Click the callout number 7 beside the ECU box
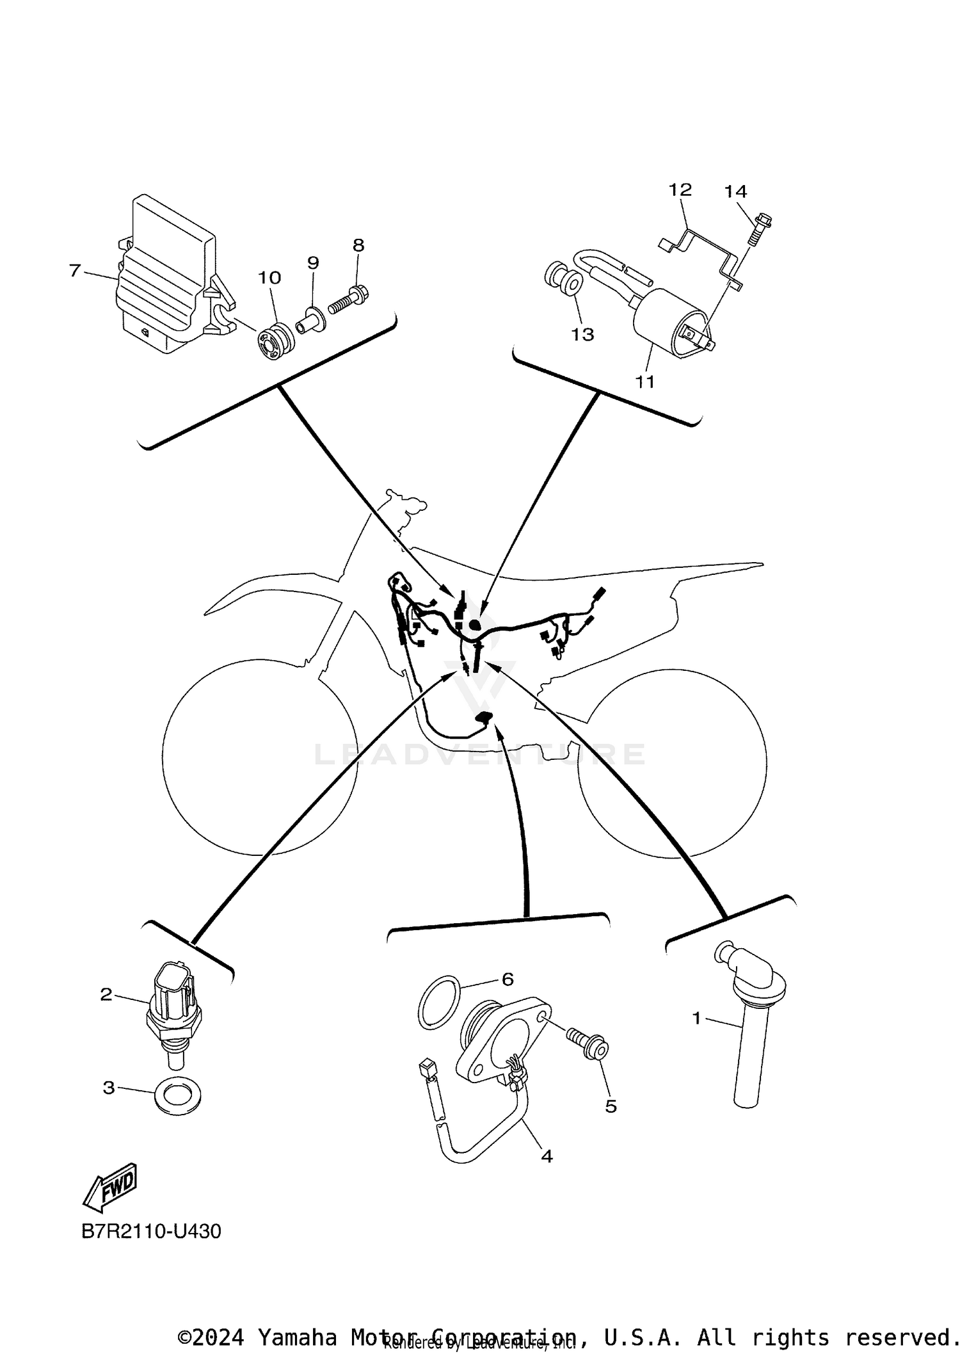[x=75, y=271]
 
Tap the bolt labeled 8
[x=348, y=301]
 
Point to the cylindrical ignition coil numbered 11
[x=669, y=322]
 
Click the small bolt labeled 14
[x=760, y=230]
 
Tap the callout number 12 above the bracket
[x=680, y=190]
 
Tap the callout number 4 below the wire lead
[x=546, y=1156]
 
